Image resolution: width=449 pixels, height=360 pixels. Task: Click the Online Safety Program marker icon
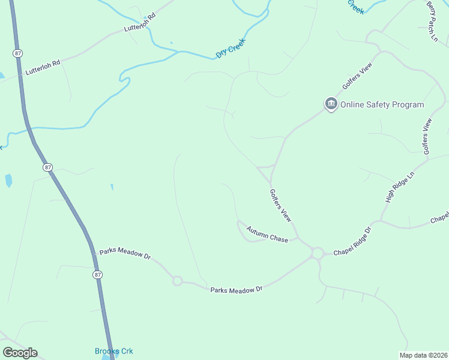pos(331,104)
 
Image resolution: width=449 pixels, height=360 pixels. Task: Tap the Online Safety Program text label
pos(382,104)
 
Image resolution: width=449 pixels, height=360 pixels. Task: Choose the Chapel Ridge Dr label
pos(353,241)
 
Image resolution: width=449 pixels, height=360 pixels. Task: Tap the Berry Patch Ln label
pos(433,21)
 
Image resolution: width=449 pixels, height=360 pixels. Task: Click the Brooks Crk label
pos(113,351)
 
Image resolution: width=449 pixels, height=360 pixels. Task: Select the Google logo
pos(20,353)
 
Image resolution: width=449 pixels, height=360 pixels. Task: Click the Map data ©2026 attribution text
pos(423,355)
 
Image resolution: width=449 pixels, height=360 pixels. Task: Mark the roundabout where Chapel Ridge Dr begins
pos(317,254)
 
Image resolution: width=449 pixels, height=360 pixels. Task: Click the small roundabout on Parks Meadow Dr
pos(177,280)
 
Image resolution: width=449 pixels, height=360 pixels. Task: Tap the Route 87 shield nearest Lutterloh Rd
pos(17,53)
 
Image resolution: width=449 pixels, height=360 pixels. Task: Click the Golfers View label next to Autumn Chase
pos(281,205)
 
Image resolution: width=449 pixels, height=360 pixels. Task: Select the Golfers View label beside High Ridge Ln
pos(427,137)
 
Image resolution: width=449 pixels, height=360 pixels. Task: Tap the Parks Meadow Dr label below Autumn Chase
pos(237,290)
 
